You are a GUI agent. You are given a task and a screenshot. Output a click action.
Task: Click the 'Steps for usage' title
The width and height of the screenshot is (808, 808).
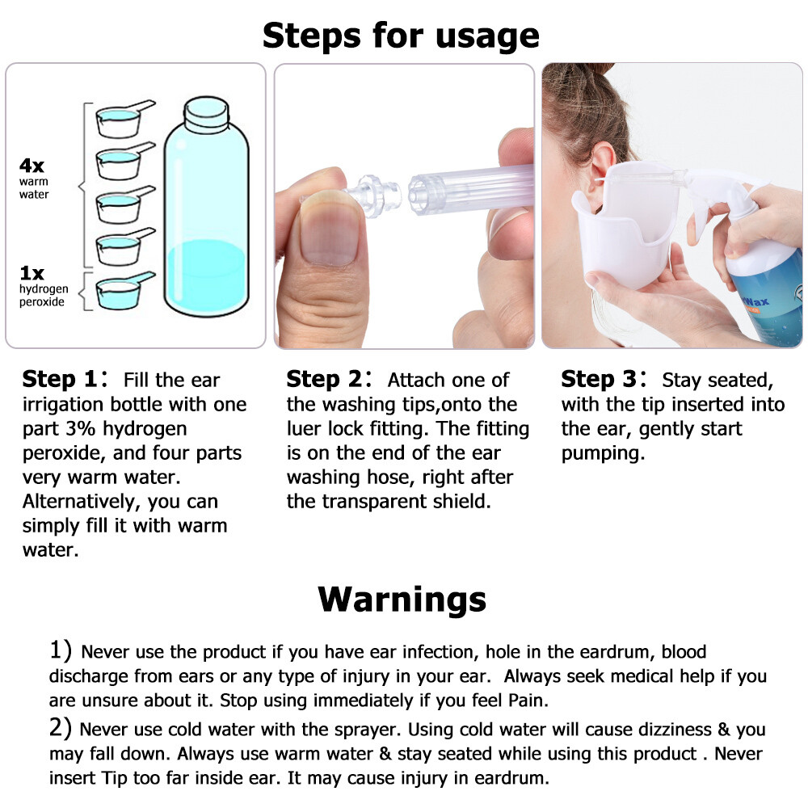click(x=401, y=36)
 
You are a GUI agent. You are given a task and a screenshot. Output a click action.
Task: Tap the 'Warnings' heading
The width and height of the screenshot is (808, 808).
click(x=402, y=599)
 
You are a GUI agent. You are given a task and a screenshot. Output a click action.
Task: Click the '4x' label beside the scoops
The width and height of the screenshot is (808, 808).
click(x=32, y=166)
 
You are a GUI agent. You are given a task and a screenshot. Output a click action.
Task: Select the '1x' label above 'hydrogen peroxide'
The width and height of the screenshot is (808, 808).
click(x=32, y=274)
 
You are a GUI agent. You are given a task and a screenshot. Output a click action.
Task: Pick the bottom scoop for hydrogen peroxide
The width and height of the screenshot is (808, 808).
click(x=120, y=292)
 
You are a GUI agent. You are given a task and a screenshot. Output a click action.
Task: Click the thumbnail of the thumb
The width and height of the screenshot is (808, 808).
click(x=329, y=234)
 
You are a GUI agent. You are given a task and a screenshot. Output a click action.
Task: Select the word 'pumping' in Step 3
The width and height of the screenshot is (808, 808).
click(x=603, y=453)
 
